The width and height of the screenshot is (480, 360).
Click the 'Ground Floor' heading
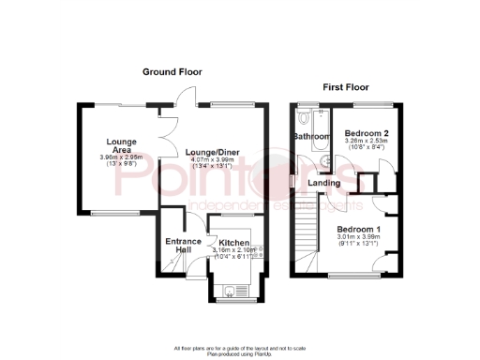[172, 72]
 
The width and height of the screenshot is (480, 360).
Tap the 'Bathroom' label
[311, 137]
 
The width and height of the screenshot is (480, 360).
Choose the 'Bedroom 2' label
[367, 133]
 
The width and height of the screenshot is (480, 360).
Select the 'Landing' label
[323, 183]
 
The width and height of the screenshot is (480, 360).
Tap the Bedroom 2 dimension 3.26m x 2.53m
[367, 142]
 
